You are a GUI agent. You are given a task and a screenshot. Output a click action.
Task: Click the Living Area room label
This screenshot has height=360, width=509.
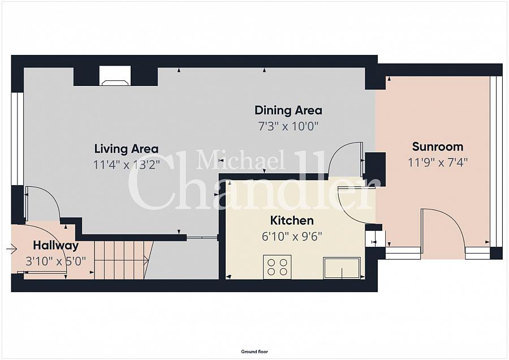pyautogui.click(x=126, y=149)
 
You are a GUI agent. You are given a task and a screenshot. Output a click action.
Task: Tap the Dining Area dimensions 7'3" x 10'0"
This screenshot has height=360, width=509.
pyautogui.click(x=288, y=126)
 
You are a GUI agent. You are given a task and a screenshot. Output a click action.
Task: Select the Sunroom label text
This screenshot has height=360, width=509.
pyautogui.click(x=438, y=147)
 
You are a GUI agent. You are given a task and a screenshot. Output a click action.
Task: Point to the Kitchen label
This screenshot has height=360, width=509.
pyautogui.click(x=292, y=221)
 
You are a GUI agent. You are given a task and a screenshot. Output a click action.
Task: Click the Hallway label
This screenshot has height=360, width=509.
pyautogui.click(x=56, y=246)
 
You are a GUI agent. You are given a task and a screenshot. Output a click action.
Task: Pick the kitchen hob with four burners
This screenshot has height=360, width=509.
pyautogui.click(x=277, y=267)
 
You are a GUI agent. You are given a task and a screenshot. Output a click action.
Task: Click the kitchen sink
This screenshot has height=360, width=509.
pyautogui.click(x=342, y=268)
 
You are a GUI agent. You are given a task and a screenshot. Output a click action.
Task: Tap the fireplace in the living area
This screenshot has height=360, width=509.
pyautogui.click(x=115, y=76)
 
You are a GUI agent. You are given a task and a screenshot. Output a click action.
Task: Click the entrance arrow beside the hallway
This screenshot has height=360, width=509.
pyautogui.click(x=11, y=250)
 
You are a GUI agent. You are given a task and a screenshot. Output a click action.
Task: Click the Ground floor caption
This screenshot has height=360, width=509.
pyautogui.click(x=255, y=352)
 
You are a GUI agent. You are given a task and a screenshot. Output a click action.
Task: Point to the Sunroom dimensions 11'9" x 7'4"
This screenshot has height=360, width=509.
pyautogui.click(x=438, y=162)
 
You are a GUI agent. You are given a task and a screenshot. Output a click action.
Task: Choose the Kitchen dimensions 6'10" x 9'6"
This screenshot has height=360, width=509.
pyautogui.click(x=292, y=236)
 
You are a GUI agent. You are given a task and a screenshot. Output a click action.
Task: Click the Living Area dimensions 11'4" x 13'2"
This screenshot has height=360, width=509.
pyautogui.click(x=127, y=165)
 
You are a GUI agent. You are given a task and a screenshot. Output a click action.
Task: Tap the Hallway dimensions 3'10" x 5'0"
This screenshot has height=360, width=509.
pyautogui.click(x=56, y=261)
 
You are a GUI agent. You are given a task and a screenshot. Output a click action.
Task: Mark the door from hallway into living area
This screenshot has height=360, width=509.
pyautogui.click(x=42, y=204)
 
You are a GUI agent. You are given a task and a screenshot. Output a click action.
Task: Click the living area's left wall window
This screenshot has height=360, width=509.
pyautogui.click(x=17, y=139)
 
